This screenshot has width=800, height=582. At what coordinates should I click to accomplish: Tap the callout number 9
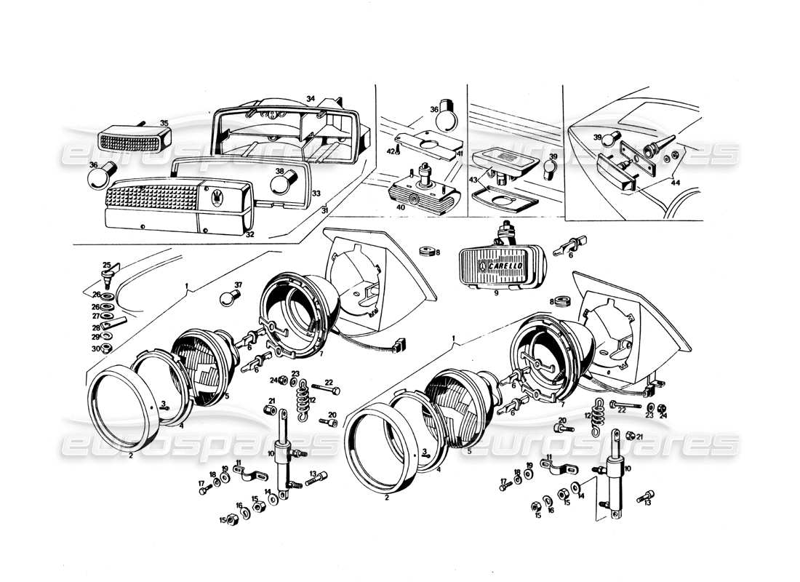495,295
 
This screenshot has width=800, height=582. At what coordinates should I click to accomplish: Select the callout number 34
311,98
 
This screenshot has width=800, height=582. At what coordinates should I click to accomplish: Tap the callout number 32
249,235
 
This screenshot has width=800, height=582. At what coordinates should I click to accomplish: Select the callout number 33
316,194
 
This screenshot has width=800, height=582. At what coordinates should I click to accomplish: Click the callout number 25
105,264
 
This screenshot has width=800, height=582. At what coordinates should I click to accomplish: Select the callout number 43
473,180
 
